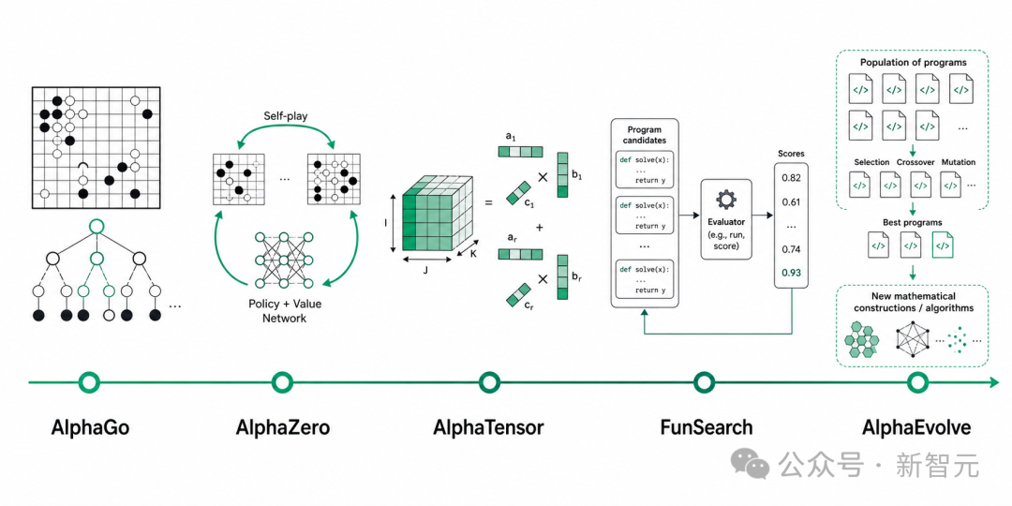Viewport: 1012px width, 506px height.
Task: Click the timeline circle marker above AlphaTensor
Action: click(x=489, y=382)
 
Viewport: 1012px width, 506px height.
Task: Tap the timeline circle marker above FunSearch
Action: click(x=704, y=382)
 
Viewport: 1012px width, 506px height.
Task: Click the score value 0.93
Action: click(x=791, y=273)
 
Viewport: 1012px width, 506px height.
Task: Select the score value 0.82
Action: click(x=791, y=178)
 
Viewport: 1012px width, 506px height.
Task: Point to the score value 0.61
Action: click(x=791, y=202)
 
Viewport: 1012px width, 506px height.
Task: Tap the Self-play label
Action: click(x=285, y=117)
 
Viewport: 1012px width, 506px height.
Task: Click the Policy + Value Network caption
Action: click(x=285, y=310)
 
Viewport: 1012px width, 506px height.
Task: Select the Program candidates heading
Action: click(x=645, y=135)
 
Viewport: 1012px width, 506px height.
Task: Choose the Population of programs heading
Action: click(x=913, y=63)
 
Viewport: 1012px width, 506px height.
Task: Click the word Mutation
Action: click(x=958, y=162)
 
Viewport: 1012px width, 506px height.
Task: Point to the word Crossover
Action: click(x=915, y=162)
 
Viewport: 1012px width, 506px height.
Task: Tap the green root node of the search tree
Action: click(x=97, y=227)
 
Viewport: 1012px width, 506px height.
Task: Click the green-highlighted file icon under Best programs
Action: click(x=943, y=246)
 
